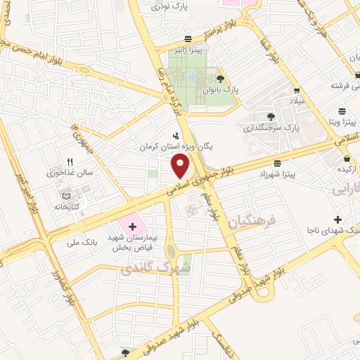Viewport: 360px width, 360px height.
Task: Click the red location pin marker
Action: tap(181, 165)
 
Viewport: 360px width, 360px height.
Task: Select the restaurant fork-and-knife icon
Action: tap(69, 161)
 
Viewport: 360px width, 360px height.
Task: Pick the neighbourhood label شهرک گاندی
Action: tap(155, 268)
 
